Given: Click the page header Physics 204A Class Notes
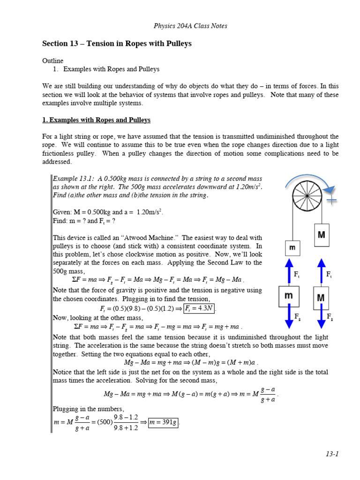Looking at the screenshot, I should coord(190,26).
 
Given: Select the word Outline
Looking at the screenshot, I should coord(52,61).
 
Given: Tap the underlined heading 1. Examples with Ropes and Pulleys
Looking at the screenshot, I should coord(96,120).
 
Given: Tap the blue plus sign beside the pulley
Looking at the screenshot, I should coord(331,200).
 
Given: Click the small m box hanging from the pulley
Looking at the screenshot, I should coord(292,247).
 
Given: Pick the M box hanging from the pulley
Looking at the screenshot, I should coord(321,235).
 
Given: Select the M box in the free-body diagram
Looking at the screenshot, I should coord(321,298).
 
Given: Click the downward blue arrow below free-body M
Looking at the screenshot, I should coord(321,320).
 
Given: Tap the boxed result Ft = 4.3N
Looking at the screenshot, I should coord(199,308).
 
